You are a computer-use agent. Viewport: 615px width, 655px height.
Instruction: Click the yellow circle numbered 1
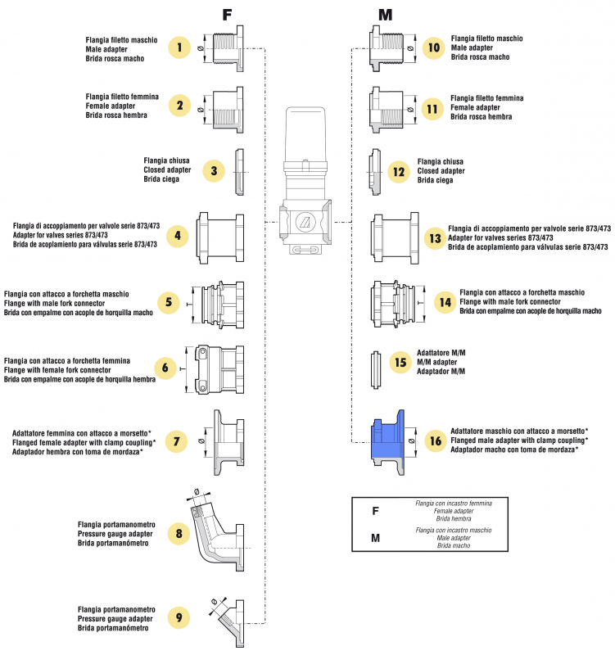pos(180,48)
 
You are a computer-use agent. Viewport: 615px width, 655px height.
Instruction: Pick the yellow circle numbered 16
pos(434,441)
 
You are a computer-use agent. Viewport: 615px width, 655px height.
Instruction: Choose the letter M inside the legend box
pos(376,539)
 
